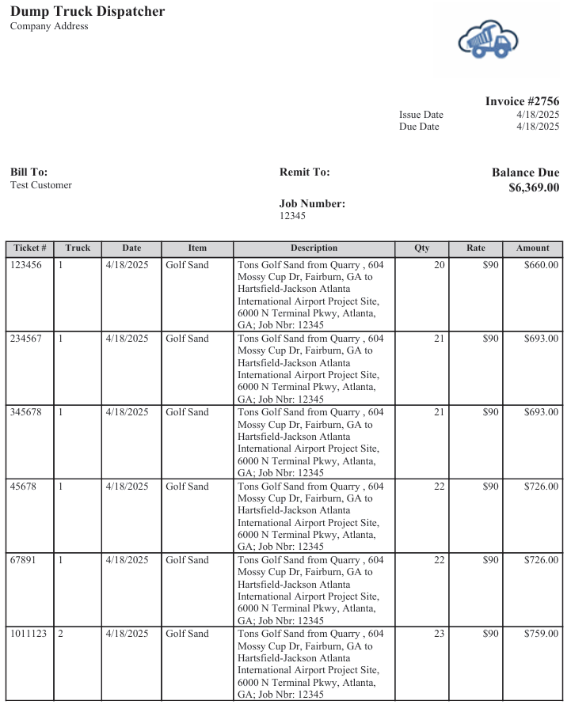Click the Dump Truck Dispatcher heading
click(x=88, y=11)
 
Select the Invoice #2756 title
click(x=522, y=101)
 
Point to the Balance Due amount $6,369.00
click(x=534, y=187)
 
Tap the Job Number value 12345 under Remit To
click(x=292, y=216)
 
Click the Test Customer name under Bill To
click(x=41, y=185)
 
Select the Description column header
click(x=314, y=248)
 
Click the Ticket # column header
click(x=30, y=248)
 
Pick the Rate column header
click(x=475, y=248)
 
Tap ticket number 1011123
click(x=29, y=634)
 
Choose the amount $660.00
click(x=541, y=265)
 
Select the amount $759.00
click(x=541, y=634)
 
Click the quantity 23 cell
click(x=439, y=634)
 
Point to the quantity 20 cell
click(x=439, y=265)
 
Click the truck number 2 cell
click(x=61, y=634)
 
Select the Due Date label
click(x=419, y=127)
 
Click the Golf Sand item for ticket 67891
click(x=187, y=560)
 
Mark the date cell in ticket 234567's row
click(x=127, y=339)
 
